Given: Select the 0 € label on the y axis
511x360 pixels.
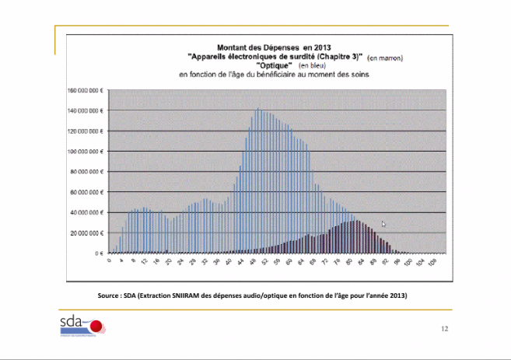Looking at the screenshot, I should [x=100, y=253].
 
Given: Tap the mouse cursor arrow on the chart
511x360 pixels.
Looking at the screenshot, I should [x=383, y=224].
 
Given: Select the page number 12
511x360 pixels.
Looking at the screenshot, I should [x=443, y=330].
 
